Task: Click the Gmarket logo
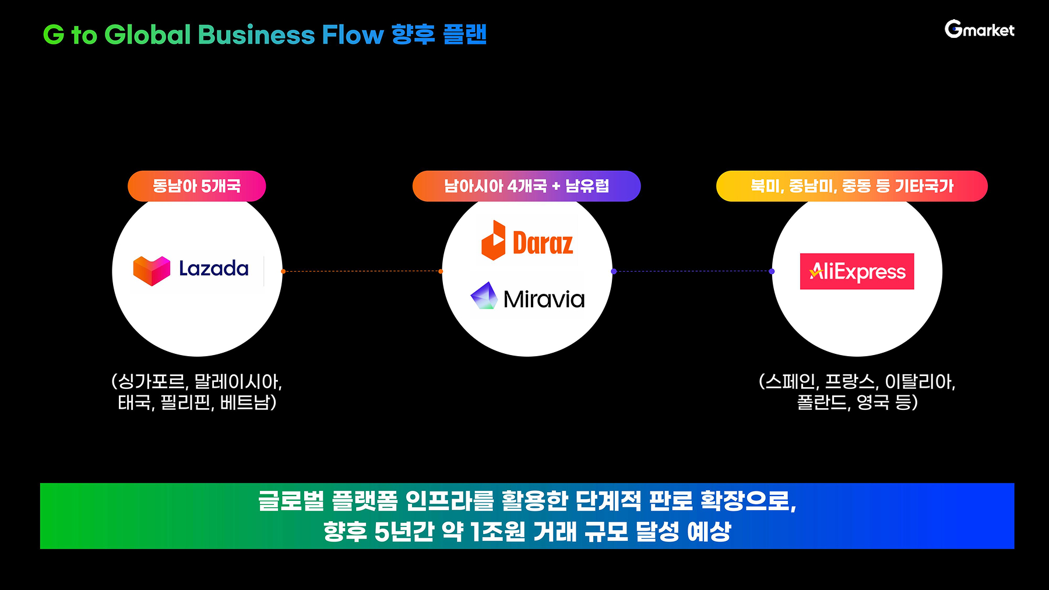[x=979, y=29]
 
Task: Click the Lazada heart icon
[x=152, y=271]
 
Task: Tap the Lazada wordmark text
[x=213, y=268]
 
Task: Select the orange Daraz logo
[x=527, y=241]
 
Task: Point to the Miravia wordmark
[x=544, y=300]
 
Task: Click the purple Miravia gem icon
[x=484, y=296]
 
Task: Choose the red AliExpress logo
[x=857, y=271]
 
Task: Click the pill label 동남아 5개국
[x=196, y=186]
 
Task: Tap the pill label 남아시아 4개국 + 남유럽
[x=526, y=186]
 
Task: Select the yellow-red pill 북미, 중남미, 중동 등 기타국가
[x=851, y=186]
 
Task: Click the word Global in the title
[x=147, y=35]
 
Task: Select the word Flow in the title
[x=353, y=35]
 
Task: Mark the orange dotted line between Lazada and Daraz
[x=361, y=271]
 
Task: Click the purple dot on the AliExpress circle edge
[x=772, y=271]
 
